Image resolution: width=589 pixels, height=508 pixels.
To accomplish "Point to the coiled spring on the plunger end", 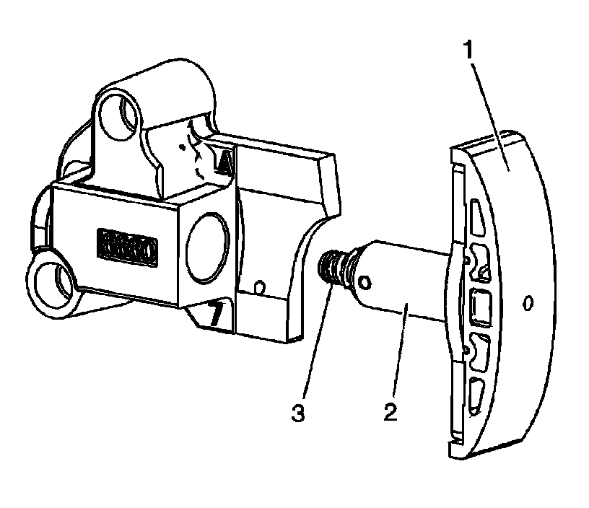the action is click(x=331, y=267).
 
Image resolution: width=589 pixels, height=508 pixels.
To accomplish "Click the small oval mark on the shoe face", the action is click(x=528, y=303).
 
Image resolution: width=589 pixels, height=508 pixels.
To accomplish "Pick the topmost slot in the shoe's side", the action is click(x=476, y=217).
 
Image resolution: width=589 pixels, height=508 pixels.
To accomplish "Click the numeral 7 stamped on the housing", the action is click(x=214, y=315).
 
